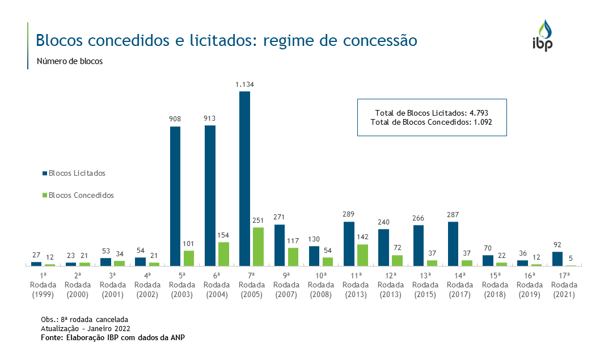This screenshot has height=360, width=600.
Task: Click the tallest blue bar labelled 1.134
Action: (x=244, y=179)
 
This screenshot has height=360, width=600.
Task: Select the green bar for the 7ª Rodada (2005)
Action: (x=258, y=247)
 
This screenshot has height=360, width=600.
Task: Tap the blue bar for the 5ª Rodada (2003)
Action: (x=175, y=196)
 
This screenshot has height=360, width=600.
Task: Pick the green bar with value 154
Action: (x=223, y=254)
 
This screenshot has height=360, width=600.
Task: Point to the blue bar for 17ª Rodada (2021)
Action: (x=557, y=259)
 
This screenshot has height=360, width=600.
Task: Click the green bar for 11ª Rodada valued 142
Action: (x=362, y=255)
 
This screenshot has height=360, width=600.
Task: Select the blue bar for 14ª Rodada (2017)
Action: (x=453, y=244)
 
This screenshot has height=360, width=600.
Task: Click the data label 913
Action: (x=210, y=118)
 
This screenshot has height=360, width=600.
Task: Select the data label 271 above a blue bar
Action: (x=279, y=218)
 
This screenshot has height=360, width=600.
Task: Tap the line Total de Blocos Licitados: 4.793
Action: (x=432, y=113)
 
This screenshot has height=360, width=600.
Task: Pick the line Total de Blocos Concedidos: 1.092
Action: (x=432, y=122)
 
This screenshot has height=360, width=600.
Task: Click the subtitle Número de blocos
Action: (x=70, y=62)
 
